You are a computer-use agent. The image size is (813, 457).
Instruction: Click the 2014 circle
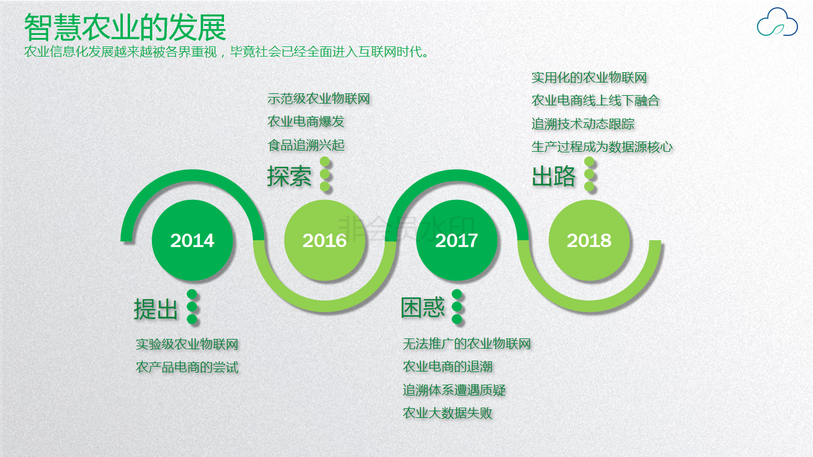tap(192, 240)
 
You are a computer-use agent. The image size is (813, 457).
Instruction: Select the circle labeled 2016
tap(325, 240)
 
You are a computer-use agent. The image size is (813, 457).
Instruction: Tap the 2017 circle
tap(456, 240)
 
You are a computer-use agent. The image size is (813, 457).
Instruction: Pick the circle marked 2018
tap(589, 240)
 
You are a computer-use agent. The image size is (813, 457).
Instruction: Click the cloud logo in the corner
tap(777, 22)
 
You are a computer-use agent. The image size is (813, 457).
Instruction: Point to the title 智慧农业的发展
tap(125, 28)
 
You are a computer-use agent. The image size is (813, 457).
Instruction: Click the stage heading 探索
tap(289, 176)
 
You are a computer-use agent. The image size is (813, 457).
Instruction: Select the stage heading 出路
tap(553, 176)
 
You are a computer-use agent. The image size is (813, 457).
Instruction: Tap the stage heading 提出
tap(156, 309)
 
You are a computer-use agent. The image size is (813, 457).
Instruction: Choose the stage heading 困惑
tap(423, 308)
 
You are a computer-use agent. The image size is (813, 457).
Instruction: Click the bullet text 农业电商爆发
tap(305, 122)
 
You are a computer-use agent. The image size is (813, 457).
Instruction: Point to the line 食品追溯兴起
tap(305, 145)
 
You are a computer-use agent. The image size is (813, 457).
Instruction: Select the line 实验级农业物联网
tap(187, 344)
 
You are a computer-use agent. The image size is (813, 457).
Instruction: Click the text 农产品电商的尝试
tap(187, 367)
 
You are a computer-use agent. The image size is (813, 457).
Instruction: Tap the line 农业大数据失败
tap(447, 413)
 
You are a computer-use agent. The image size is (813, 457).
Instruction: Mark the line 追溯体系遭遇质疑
tap(454, 390)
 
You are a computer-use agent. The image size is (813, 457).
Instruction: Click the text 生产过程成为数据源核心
tap(602, 147)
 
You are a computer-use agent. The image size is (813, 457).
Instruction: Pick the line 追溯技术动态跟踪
tap(583, 124)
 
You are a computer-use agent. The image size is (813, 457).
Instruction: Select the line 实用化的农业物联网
tap(589, 78)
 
